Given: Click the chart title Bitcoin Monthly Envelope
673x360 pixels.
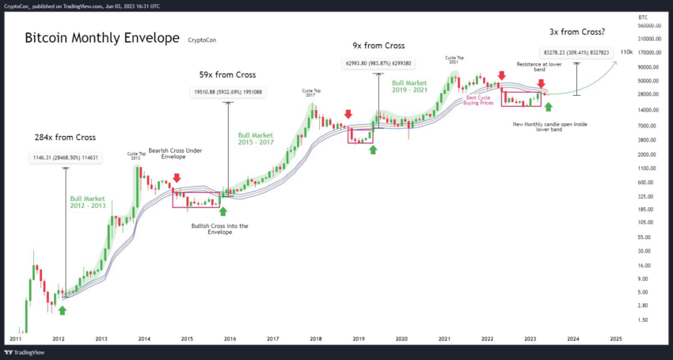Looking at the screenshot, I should pos(101,37).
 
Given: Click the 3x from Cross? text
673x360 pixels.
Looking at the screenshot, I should pos(577,32).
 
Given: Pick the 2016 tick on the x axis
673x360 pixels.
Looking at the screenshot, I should pos(230,338).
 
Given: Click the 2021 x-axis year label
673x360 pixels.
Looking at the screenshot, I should pos(444,338).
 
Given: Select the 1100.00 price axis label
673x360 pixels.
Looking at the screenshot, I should pos(648,169).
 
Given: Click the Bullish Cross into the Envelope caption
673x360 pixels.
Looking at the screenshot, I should pos(220,229).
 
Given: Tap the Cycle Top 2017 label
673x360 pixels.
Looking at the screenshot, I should pos(311,92).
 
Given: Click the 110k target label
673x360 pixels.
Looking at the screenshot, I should pos(626,52).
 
